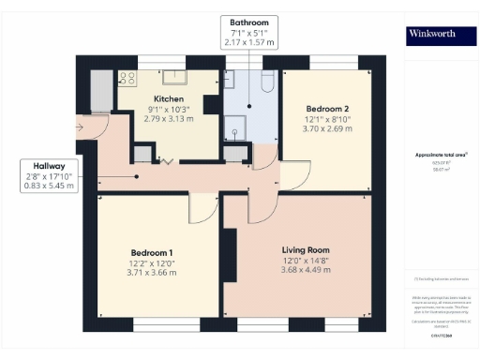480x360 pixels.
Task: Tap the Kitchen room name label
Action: pos(169,98)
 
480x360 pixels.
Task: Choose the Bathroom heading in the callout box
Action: pos(248,22)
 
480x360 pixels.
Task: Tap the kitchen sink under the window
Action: pos(174,76)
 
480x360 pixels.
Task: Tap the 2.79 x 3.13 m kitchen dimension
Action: pos(169,120)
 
